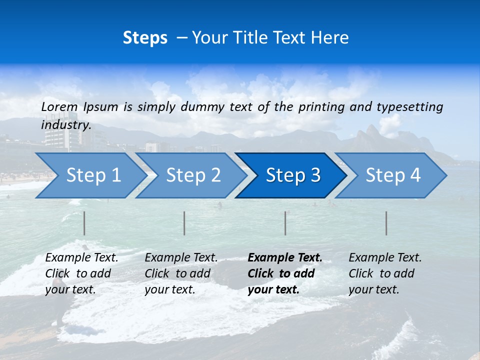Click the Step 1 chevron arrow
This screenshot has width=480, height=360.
(90, 175)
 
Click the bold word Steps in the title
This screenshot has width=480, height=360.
(145, 38)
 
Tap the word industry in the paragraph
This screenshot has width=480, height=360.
(66, 124)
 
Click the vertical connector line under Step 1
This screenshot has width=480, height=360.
(84, 223)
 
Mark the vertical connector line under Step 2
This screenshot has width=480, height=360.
(184, 223)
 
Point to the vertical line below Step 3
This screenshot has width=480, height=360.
(285, 223)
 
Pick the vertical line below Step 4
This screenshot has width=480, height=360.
(386, 223)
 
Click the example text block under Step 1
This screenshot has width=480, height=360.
(81, 273)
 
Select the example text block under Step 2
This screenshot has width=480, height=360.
(181, 273)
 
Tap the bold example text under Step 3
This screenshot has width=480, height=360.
(285, 273)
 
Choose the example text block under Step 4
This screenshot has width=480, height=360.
(385, 273)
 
